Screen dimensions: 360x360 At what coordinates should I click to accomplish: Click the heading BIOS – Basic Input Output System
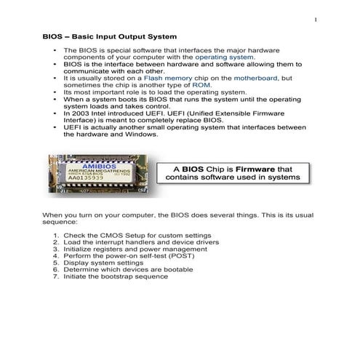(x=108, y=36)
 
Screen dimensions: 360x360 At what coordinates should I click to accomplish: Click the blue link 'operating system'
(x=225, y=56)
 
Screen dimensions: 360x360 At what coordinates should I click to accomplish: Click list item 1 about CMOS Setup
(x=137, y=236)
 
